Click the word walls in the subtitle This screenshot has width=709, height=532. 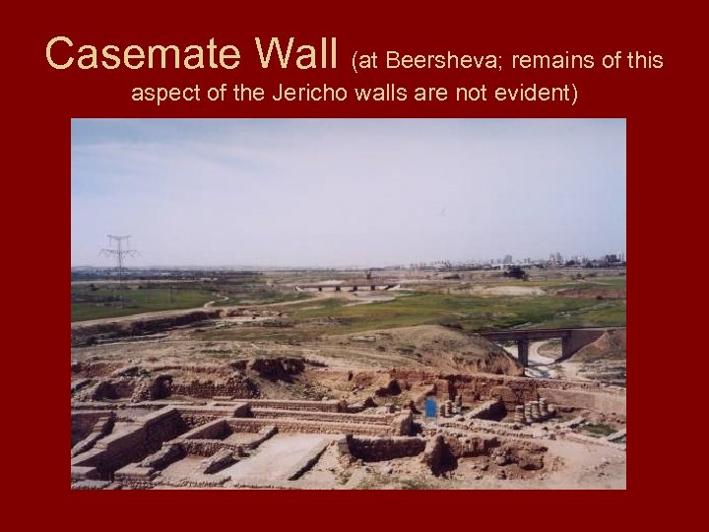click(395, 99)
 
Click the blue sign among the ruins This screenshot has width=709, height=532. click(430, 407)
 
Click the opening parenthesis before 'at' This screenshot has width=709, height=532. click(354, 62)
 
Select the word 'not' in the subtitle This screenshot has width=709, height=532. click(471, 99)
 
